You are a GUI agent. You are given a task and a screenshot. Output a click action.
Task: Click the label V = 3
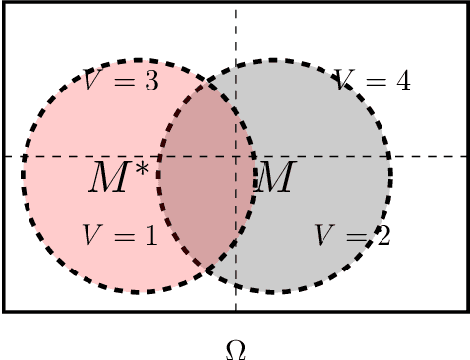click(x=120, y=82)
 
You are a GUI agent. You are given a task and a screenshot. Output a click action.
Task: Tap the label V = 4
click(x=372, y=81)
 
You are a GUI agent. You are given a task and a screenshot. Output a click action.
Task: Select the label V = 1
click(x=119, y=236)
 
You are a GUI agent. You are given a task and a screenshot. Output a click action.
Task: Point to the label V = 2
click(x=352, y=236)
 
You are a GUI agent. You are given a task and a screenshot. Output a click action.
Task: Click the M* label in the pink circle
click(x=119, y=178)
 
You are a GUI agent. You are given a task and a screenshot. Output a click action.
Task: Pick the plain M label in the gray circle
click(x=273, y=179)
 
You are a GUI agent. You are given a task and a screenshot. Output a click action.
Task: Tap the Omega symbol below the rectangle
click(x=236, y=349)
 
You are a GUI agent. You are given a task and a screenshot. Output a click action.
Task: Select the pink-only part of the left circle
click(x=69, y=197)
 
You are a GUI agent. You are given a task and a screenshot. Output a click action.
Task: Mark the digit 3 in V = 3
click(x=150, y=82)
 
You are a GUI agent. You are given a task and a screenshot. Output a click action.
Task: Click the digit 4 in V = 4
click(x=402, y=81)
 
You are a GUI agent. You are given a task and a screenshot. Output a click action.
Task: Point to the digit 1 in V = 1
click(x=149, y=236)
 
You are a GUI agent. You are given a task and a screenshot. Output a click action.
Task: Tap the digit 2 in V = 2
click(x=382, y=236)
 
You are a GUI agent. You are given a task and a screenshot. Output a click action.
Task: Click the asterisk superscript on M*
click(x=144, y=169)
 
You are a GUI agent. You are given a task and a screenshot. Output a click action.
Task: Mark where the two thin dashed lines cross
click(x=236, y=156)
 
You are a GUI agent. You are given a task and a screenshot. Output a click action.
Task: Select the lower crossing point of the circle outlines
click(x=206, y=270)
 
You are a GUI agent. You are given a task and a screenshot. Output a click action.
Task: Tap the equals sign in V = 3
click(x=124, y=83)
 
